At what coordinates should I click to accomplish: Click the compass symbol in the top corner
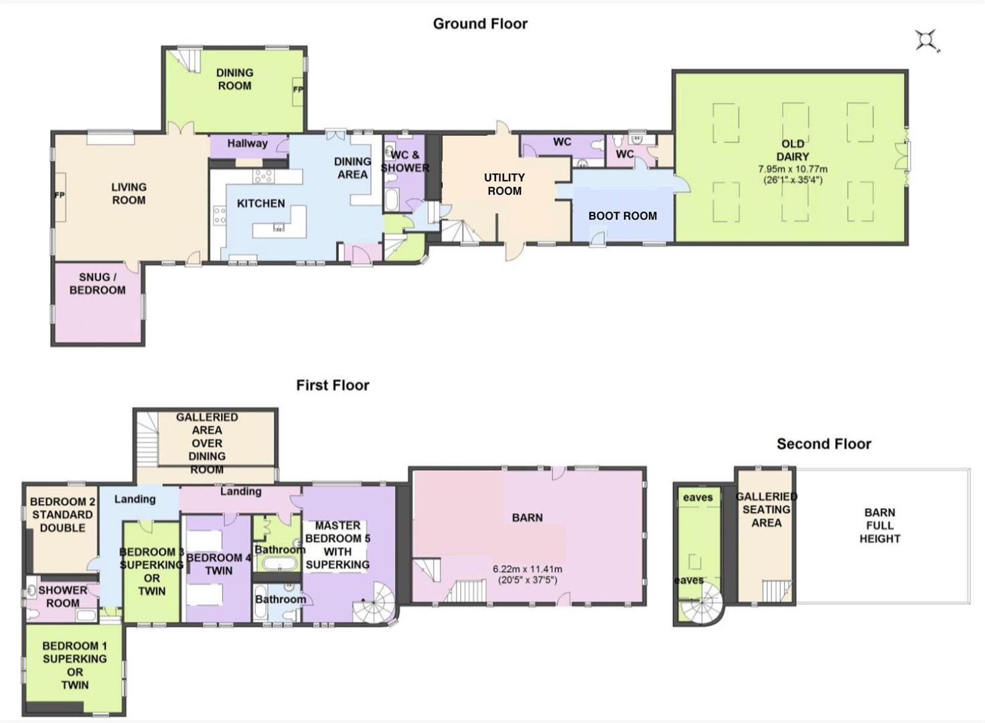point(927,40)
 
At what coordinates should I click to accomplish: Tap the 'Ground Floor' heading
point(480,24)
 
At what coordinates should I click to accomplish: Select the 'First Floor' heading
point(333,386)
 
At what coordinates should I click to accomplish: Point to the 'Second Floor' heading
point(824,444)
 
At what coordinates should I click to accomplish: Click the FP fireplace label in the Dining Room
point(298,89)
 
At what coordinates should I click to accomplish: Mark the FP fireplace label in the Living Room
point(59,195)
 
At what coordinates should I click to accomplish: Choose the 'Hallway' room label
point(247,143)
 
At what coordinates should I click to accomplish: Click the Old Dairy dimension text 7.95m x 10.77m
point(792,169)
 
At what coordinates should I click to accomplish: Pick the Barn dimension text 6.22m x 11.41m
point(527,569)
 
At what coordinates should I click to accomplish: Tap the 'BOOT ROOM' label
point(622,216)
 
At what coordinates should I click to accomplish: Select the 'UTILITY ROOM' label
point(504,184)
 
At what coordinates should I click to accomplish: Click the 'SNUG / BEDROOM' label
point(97,283)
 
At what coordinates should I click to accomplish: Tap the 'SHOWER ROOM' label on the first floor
point(62,596)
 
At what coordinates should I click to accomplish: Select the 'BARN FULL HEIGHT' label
point(879,526)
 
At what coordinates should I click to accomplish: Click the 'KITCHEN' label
point(260,204)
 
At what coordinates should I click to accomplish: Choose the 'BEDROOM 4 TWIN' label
point(218,564)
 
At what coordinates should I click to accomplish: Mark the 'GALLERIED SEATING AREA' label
point(766,509)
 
